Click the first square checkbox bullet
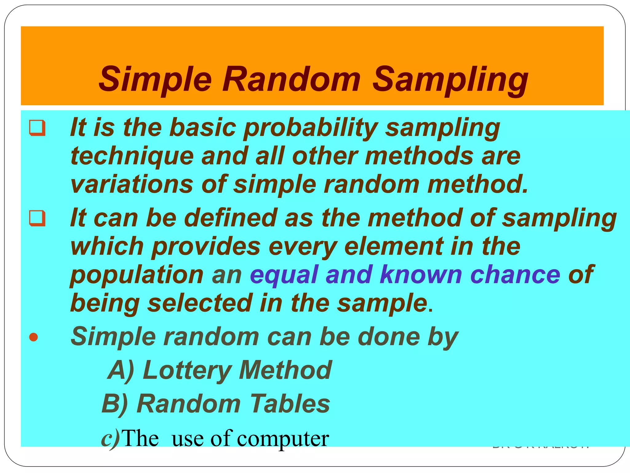pyautogui.click(x=37, y=128)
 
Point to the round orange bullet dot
pyautogui.click(x=34, y=337)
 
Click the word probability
pyautogui.click(x=310, y=128)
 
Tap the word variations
pyautogui.click(x=132, y=184)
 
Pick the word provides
pyautogui.click(x=206, y=246)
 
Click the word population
pyautogui.click(x=137, y=275)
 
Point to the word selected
pyautogui.click(x=200, y=303)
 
